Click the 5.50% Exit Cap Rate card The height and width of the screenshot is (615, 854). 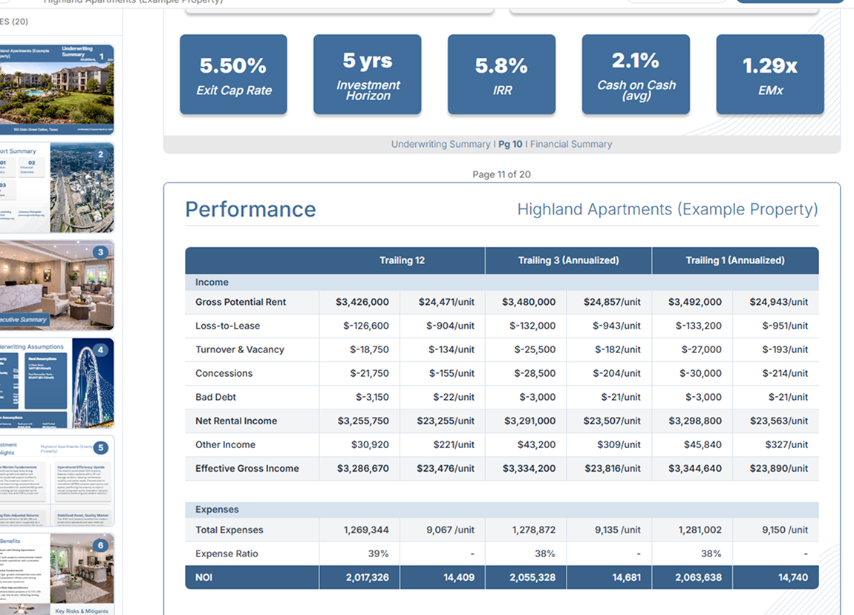[233, 75]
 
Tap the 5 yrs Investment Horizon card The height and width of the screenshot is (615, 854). [368, 75]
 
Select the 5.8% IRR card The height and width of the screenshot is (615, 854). [501, 75]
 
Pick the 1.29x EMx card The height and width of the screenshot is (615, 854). [770, 75]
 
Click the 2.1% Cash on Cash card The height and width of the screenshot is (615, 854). [636, 75]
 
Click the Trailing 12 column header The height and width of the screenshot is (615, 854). [402, 260]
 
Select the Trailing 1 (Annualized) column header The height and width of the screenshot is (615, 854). [735, 260]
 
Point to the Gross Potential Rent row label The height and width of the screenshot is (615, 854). [241, 302]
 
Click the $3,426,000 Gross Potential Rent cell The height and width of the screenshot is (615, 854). [362, 302]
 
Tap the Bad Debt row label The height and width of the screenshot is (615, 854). [216, 397]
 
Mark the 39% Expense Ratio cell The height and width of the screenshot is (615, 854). [378, 553]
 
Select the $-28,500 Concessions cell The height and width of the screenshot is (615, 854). [534, 373]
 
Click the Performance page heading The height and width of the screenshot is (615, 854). [250, 210]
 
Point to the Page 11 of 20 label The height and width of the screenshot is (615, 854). [501, 175]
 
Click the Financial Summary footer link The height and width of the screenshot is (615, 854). [571, 144]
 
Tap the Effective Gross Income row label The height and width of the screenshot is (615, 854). [247, 468]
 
